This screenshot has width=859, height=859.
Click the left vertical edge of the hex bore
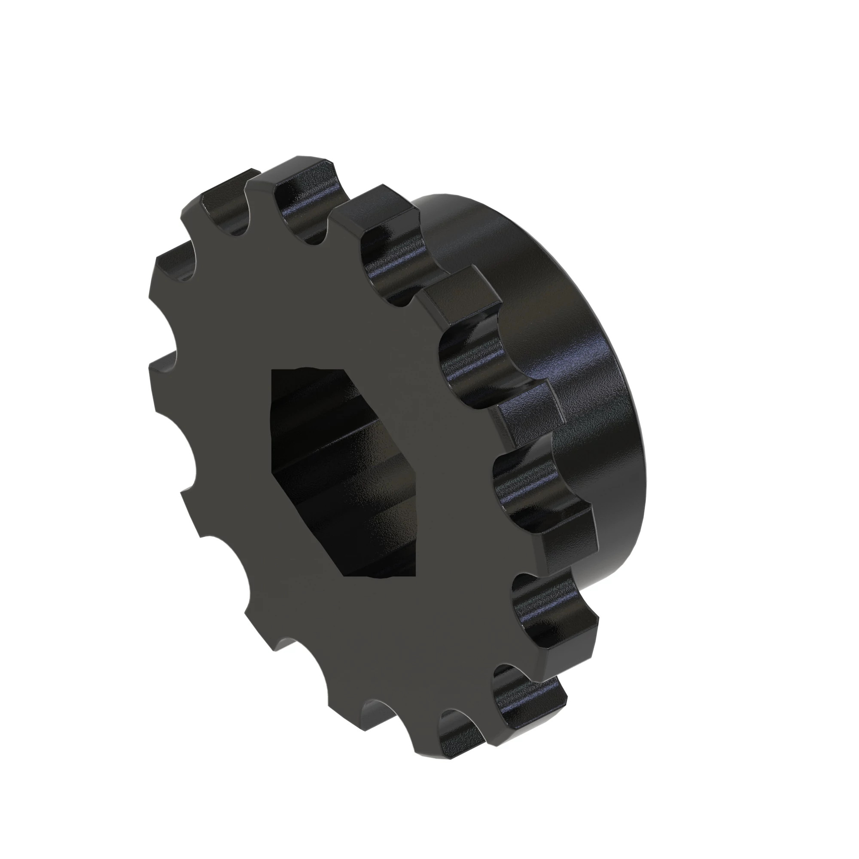[x=272, y=427]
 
